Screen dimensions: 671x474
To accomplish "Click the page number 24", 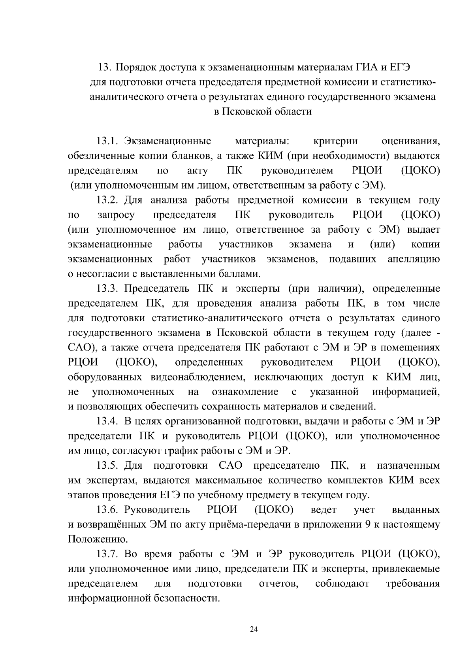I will pyautogui.click(x=254, y=630).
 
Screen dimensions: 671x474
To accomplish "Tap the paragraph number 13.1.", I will pyautogui.click(x=107, y=141).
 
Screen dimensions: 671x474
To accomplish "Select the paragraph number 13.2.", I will pyautogui.click(x=107, y=200).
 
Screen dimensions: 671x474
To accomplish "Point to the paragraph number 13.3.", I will pyautogui.click(x=107, y=289).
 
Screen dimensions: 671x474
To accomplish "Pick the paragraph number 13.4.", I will pyautogui.click(x=107, y=421).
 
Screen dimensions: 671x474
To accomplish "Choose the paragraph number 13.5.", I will pyautogui.click(x=107, y=466).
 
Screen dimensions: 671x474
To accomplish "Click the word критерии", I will pyautogui.click(x=335, y=141).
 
